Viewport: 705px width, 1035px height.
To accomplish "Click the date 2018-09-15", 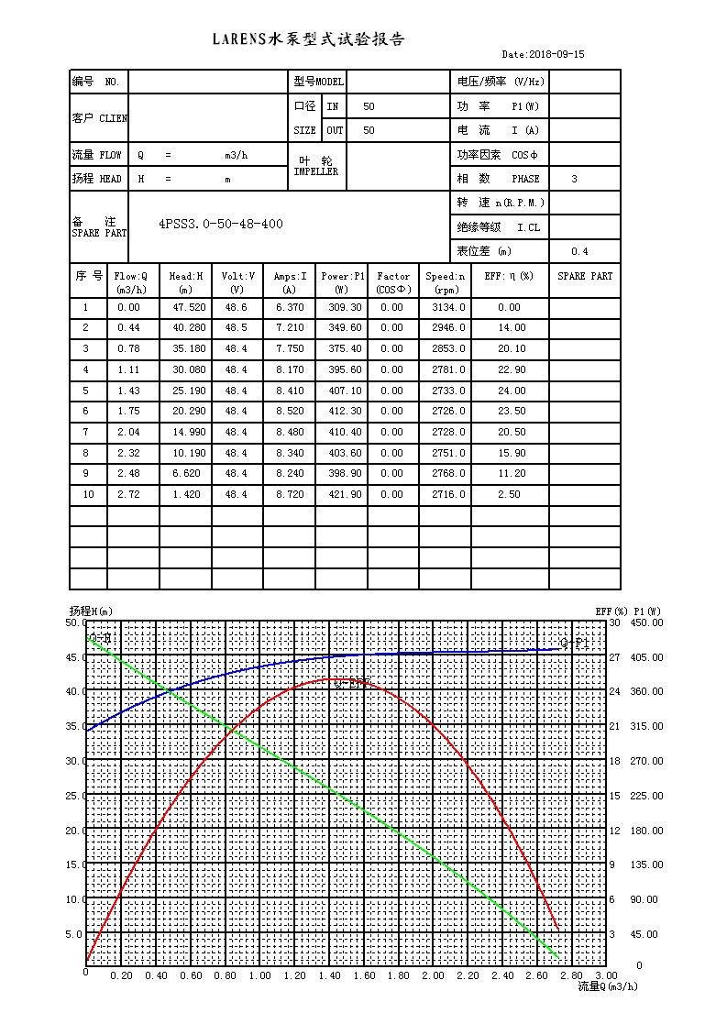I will (x=544, y=55).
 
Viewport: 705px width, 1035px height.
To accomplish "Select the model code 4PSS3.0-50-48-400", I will (x=221, y=224).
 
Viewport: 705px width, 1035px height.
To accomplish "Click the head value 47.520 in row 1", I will (x=185, y=308).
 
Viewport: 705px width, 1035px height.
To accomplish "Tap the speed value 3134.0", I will (x=448, y=308).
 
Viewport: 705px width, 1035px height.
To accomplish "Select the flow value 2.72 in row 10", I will (x=128, y=495).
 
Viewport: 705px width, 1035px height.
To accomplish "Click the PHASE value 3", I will (x=575, y=180).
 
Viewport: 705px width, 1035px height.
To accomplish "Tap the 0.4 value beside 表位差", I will (x=579, y=252).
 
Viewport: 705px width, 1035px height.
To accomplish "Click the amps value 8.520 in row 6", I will (x=290, y=412).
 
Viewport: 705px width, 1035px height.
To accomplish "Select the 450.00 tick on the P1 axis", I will (x=647, y=622).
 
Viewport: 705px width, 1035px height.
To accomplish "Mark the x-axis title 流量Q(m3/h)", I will (x=607, y=986).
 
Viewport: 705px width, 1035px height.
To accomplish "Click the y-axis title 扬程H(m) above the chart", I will (x=91, y=611).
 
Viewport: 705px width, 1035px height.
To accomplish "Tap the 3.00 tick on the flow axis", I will (x=606, y=976).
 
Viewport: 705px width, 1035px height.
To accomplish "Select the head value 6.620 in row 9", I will (x=185, y=474).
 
